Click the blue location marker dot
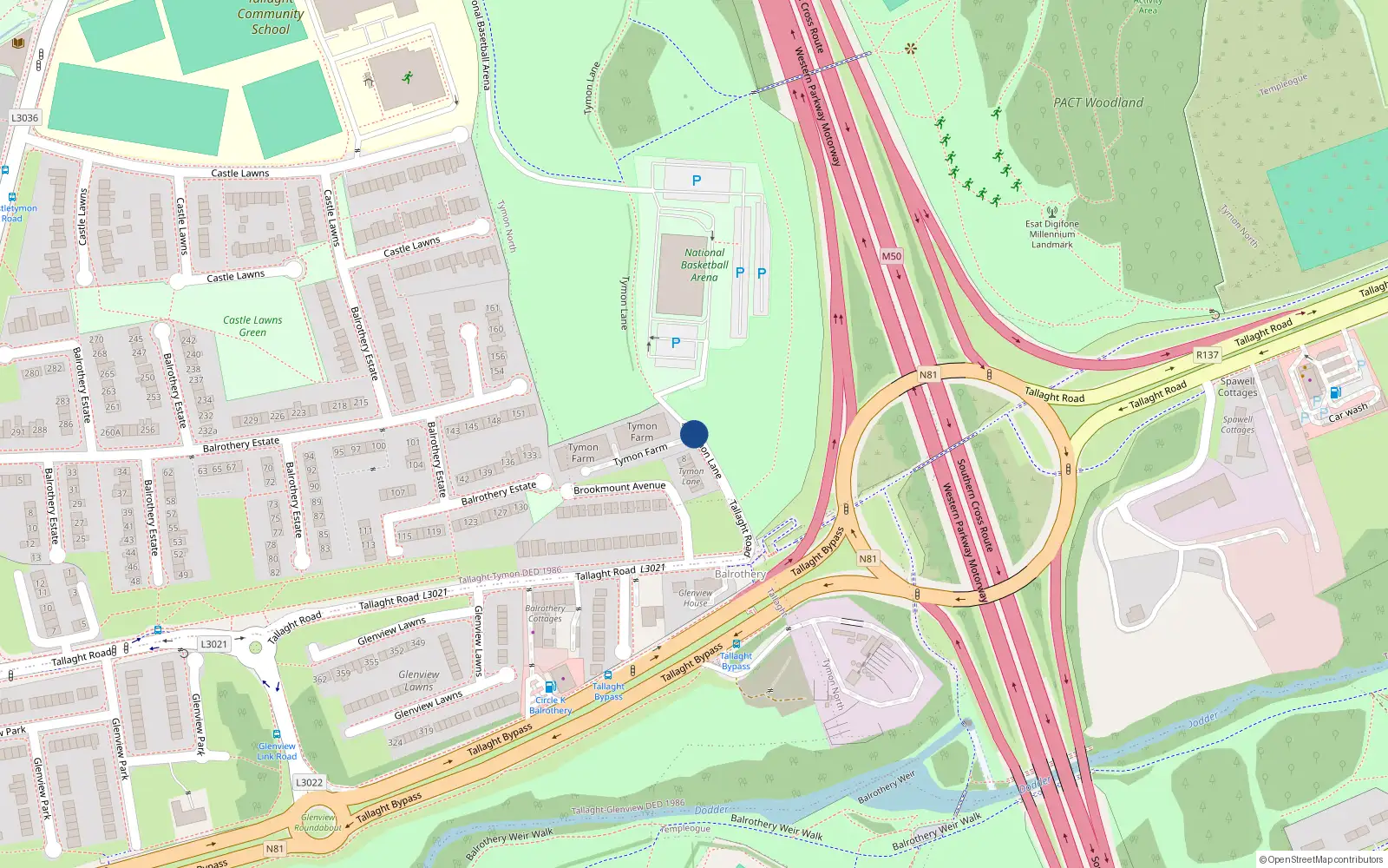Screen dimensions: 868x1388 click(x=694, y=434)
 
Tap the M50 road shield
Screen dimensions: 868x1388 click(x=891, y=256)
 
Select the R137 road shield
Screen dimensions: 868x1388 click(x=1207, y=355)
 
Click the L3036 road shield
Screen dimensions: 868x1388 click(x=24, y=118)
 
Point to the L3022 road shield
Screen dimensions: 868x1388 click(x=309, y=782)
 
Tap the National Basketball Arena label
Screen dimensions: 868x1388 click(x=704, y=265)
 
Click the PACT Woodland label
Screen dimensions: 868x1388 click(x=1098, y=102)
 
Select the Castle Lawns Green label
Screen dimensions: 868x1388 click(x=252, y=325)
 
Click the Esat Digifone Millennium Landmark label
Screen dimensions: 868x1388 click(x=1053, y=234)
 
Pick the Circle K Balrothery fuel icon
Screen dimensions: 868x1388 click(x=549, y=687)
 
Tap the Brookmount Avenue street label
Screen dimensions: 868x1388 click(x=619, y=489)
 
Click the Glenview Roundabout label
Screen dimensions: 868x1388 click(x=318, y=822)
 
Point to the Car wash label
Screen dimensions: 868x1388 click(x=1348, y=411)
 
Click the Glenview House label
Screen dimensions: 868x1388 click(x=695, y=598)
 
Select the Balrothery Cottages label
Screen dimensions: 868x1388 click(x=545, y=614)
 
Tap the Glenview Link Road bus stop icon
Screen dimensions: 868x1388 click(x=276, y=734)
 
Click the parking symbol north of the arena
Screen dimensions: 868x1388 click(x=696, y=181)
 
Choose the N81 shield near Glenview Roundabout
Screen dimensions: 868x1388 click(x=274, y=848)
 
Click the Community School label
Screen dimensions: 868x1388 click(x=271, y=22)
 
